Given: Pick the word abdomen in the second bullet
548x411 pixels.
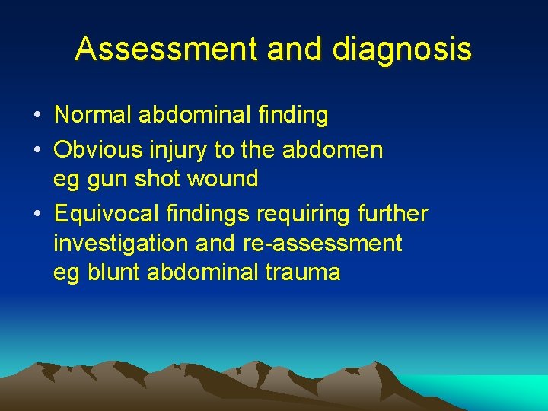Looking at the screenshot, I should click(x=333, y=149).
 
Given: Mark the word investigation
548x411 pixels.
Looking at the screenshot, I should click(x=121, y=244).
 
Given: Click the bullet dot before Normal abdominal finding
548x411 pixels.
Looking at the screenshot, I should click(x=37, y=116).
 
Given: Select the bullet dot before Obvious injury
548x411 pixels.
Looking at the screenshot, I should click(x=37, y=150).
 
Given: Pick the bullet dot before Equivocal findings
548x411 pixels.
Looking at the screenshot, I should click(x=37, y=214).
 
